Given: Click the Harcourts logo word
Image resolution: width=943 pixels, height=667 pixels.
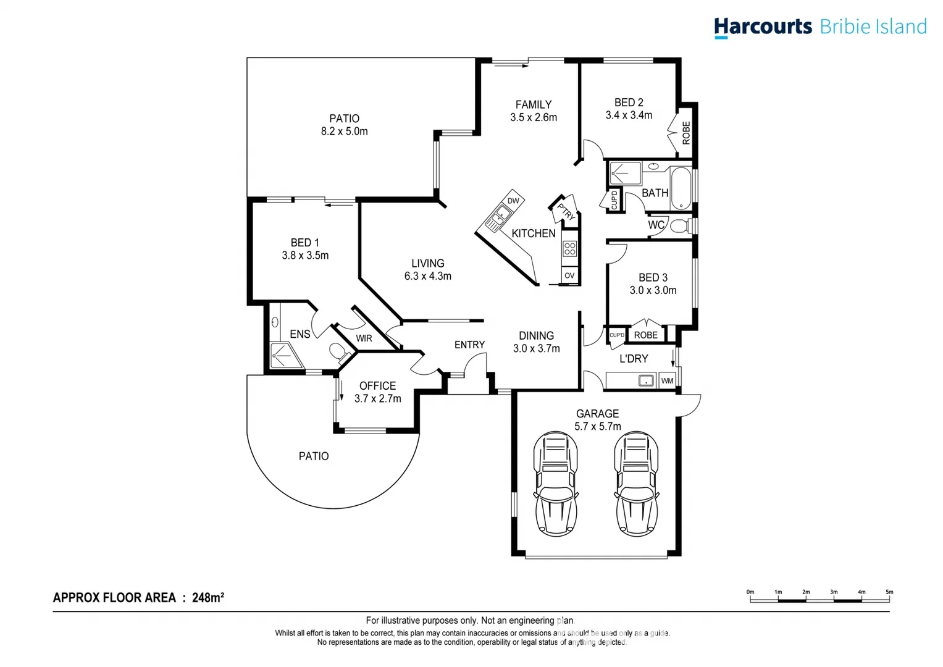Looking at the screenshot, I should (763, 27).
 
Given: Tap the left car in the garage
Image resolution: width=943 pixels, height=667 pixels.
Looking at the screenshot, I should (555, 483).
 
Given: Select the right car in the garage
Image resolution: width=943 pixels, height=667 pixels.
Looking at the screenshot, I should (636, 483).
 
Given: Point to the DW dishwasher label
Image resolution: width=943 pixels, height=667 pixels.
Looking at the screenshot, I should (513, 201).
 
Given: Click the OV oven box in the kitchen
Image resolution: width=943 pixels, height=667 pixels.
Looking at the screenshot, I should (569, 275).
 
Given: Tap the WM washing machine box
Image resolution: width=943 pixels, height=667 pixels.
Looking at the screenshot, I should (667, 380).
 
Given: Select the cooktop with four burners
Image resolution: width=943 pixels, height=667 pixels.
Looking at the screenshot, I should (569, 249).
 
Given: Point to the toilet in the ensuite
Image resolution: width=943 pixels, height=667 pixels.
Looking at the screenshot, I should (338, 352).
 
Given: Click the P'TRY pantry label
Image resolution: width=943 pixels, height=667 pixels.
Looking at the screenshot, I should (565, 211).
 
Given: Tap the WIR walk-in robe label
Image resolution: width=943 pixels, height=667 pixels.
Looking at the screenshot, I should (364, 338).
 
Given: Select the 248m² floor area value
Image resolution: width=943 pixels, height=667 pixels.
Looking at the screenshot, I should (208, 597).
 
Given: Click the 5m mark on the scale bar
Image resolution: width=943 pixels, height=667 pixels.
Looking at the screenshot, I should (889, 592).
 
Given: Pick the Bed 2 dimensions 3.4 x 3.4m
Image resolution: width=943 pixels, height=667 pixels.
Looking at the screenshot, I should (629, 115).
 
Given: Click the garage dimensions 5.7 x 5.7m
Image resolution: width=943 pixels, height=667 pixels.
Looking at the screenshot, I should (597, 426).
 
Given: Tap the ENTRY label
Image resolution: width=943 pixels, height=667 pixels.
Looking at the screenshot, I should (469, 345).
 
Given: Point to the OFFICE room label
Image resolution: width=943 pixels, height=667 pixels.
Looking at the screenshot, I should (377, 385).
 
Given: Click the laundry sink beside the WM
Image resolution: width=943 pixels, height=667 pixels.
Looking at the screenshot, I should (645, 380).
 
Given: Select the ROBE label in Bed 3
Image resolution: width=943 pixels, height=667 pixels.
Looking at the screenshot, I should (646, 335).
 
